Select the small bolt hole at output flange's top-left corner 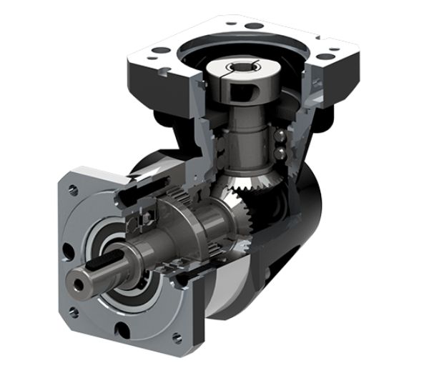(73, 190)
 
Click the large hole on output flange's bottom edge (123, 330)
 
